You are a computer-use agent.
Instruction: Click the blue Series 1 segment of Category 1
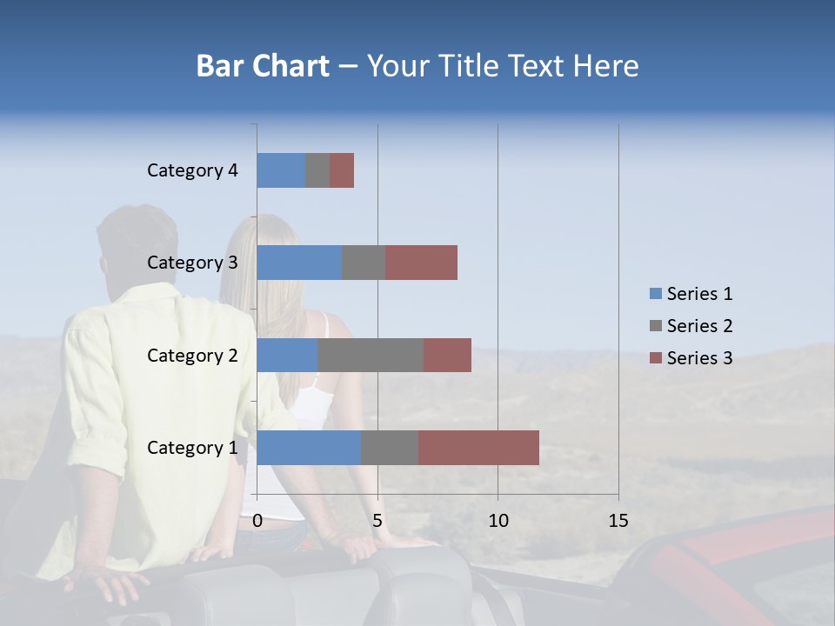(309, 447)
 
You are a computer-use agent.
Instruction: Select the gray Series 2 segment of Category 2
(371, 355)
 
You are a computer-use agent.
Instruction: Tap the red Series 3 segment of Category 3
(421, 263)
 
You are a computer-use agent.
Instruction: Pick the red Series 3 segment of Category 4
(342, 170)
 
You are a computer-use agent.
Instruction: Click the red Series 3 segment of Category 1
(478, 447)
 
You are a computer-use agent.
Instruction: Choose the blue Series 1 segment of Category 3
(299, 263)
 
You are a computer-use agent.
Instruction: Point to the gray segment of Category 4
(317, 170)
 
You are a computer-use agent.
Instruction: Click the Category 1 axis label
(192, 448)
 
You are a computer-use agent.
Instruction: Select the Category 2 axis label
(192, 355)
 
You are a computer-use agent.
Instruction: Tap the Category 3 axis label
(192, 263)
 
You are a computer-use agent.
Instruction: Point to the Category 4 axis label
(192, 170)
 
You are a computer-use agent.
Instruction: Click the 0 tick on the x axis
(257, 521)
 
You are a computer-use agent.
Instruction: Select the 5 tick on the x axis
(377, 521)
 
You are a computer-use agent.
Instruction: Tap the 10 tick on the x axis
(498, 521)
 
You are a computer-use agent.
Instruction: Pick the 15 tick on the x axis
(618, 521)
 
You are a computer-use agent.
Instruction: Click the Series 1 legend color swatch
(655, 294)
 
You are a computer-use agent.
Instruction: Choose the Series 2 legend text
(699, 326)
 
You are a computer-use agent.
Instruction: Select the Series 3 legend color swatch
(655, 358)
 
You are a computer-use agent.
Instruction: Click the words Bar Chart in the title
(263, 66)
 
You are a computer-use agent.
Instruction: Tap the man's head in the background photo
(137, 243)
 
